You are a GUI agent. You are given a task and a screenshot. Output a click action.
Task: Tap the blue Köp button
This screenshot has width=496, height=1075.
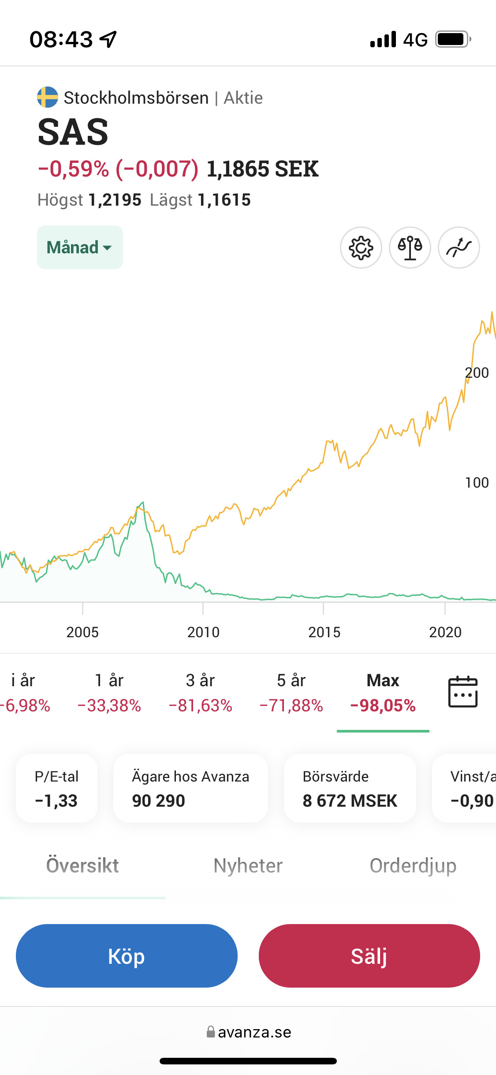[127, 956]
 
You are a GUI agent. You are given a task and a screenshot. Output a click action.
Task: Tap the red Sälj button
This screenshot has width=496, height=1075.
[369, 956]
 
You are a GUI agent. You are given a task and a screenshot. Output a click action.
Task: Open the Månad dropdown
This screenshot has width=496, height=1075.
[80, 248]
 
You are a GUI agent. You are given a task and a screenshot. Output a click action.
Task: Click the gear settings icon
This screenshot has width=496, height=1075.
[361, 248]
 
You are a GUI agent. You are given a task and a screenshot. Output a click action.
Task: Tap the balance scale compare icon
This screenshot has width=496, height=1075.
[410, 248]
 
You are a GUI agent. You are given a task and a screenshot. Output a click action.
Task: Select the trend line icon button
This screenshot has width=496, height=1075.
[459, 248]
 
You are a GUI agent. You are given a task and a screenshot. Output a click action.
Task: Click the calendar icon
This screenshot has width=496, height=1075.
[462, 692]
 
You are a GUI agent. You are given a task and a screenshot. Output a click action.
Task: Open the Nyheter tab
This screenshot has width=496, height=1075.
[248, 866]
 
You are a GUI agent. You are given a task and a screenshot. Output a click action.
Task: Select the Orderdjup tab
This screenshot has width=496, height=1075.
[413, 866]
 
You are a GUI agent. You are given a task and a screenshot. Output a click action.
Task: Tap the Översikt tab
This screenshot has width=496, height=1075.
[82, 866]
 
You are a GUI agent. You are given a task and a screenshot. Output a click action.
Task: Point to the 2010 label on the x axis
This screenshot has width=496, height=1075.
[203, 632]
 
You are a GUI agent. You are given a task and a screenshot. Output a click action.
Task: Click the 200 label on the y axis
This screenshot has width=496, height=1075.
[477, 373]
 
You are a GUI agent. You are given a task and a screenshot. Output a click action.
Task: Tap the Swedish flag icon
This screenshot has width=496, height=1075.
[48, 97]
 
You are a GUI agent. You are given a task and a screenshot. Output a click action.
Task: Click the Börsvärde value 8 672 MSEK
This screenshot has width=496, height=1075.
[350, 801]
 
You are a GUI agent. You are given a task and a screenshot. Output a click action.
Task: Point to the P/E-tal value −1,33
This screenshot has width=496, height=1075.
[56, 801]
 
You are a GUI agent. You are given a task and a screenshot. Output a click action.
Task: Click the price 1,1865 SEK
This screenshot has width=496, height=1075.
[262, 169]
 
